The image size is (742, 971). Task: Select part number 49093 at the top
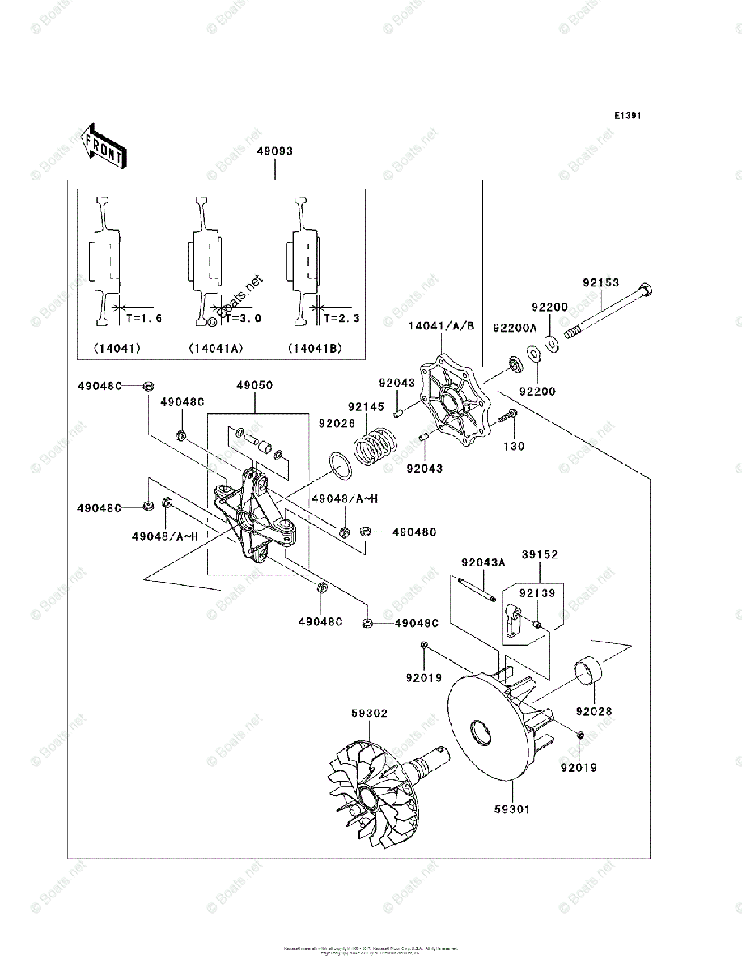coord(274,151)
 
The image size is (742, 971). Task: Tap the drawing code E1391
coord(627,117)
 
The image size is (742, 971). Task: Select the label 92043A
coord(483,562)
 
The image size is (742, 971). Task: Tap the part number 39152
coord(540,555)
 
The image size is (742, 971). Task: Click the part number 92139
coord(536,594)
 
